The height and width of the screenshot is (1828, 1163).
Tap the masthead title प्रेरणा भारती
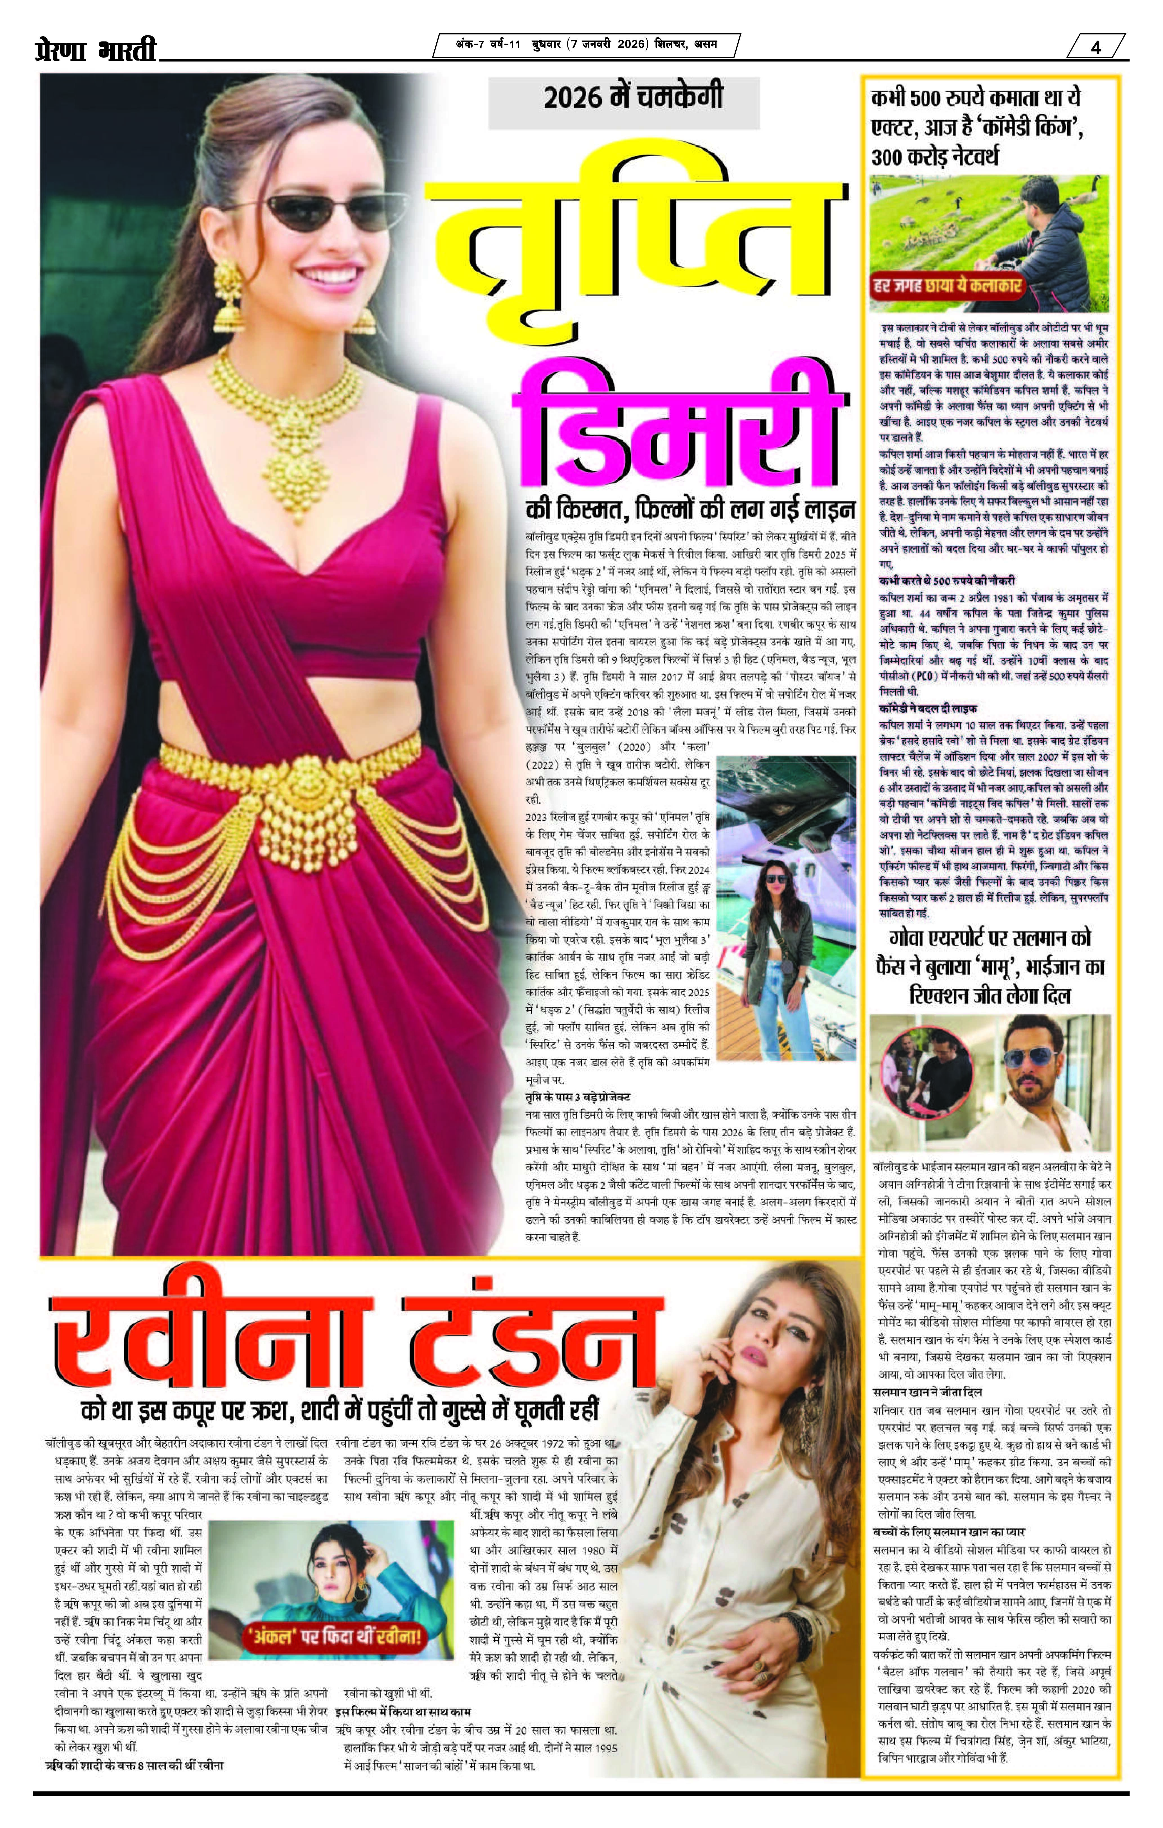tap(95, 50)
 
